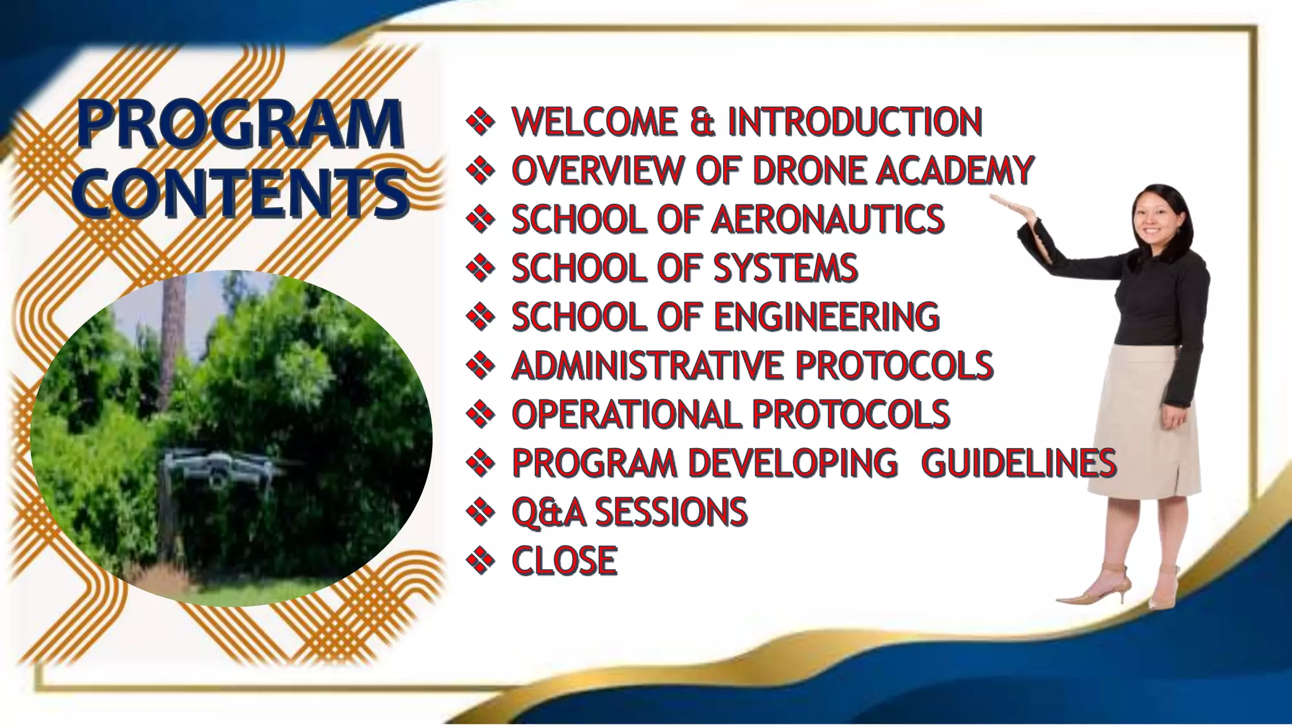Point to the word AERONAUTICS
(828, 219)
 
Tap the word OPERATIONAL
(626, 414)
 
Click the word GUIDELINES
(1018, 463)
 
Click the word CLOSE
(564, 560)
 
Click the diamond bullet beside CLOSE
(480, 560)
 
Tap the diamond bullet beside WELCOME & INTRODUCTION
(480, 121)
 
